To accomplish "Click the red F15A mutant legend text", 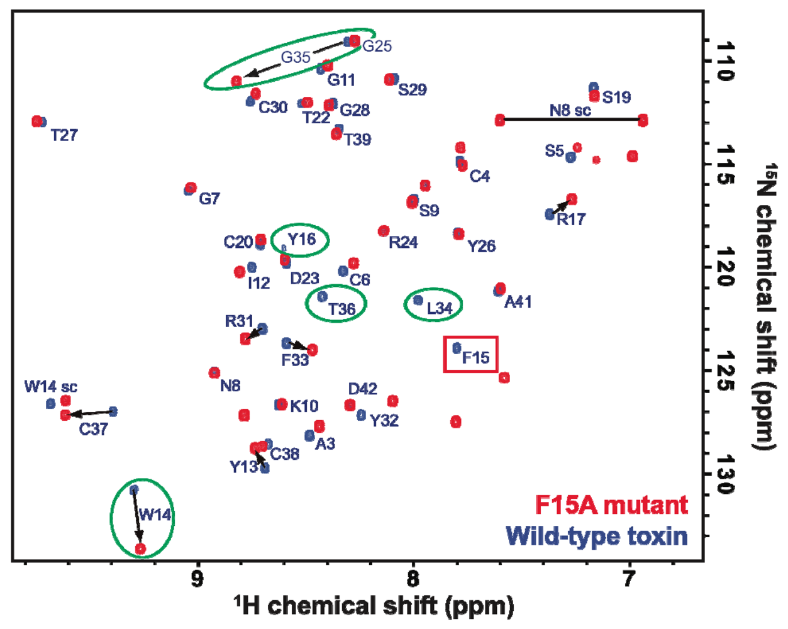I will click(611, 505).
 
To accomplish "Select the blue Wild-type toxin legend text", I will click(596, 537).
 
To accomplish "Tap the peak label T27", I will click(64, 135).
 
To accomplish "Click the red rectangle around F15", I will click(471, 354).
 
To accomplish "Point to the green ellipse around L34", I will click(433, 304).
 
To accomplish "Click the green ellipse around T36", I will click(336, 304).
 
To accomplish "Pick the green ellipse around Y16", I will click(300, 240).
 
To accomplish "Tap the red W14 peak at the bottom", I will click(141, 549).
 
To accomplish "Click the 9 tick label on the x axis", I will click(197, 579).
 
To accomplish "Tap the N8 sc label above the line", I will click(570, 111).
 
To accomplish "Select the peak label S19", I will click(616, 97).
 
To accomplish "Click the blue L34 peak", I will click(418, 300).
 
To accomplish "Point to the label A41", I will click(518, 303).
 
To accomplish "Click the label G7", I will click(209, 199).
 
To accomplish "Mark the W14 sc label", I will click(51, 387).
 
